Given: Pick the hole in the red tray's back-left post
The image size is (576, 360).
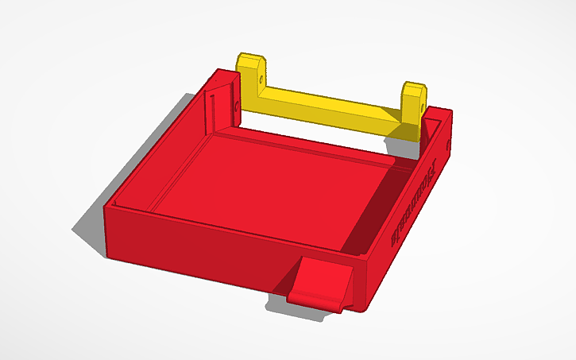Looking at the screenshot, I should click(x=238, y=104).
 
